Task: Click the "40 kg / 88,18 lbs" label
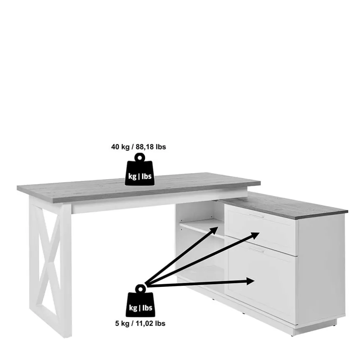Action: coord(138,147)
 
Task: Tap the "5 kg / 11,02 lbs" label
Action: coord(140,324)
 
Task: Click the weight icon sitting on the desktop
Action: coord(139,169)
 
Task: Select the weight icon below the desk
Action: coord(140,301)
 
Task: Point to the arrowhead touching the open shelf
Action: coord(214,230)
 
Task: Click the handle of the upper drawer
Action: coord(257,216)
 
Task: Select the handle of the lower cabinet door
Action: coord(257,250)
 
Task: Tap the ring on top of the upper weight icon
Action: coord(139,157)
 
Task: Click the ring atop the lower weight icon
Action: coord(140,289)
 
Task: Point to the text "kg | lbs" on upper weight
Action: coord(140,176)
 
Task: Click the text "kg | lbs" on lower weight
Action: coord(141,308)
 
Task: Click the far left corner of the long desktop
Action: coord(18,187)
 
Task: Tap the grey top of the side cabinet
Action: coord(284,205)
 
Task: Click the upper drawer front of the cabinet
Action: coord(261,229)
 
